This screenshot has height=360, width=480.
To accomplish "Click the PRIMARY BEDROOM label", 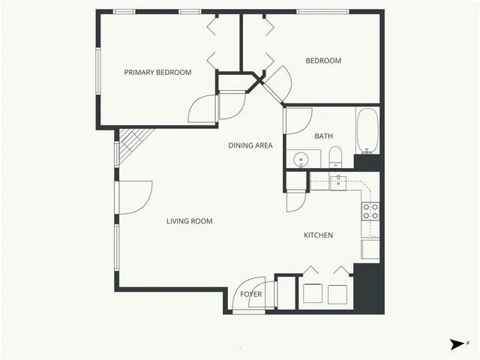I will tap(157, 73).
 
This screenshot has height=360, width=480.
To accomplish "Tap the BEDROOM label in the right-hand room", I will tap(323, 61).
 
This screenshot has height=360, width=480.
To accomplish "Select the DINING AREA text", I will tap(250, 145).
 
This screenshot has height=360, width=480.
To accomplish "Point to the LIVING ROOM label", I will tap(189, 221).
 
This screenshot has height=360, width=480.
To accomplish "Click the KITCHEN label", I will tap(318, 235).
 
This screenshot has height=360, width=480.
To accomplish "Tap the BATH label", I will tap(323, 136).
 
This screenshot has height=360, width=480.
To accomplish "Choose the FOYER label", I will tap(251, 294).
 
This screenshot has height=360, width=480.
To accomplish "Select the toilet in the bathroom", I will tap(335, 158).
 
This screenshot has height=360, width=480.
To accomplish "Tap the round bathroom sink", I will tap(301, 159).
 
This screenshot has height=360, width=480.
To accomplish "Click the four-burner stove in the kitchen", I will tap(370, 211).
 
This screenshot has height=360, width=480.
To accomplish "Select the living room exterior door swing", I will tap(137, 196).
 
